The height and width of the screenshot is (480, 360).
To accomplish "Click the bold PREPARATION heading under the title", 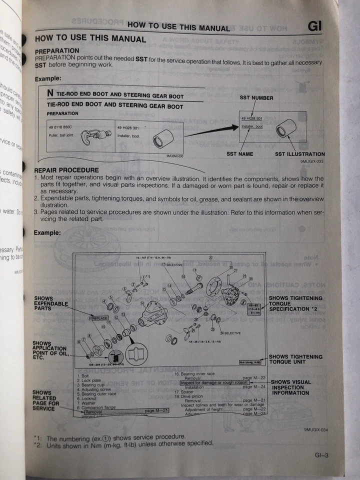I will pyautogui.click(x=57, y=51).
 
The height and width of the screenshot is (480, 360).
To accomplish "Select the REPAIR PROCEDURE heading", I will pyautogui.click(x=66, y=170).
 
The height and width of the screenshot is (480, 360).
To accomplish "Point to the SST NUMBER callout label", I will pyautogui.click(x=256, y=98).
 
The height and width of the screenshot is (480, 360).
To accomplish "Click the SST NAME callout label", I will pyautogui.click(x=239, y=154).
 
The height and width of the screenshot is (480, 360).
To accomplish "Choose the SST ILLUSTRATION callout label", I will pyautogui.click(x=299, y=154).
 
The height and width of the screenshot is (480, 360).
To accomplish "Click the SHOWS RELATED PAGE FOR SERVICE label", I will pyautogui.click(x=45, y=400).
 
